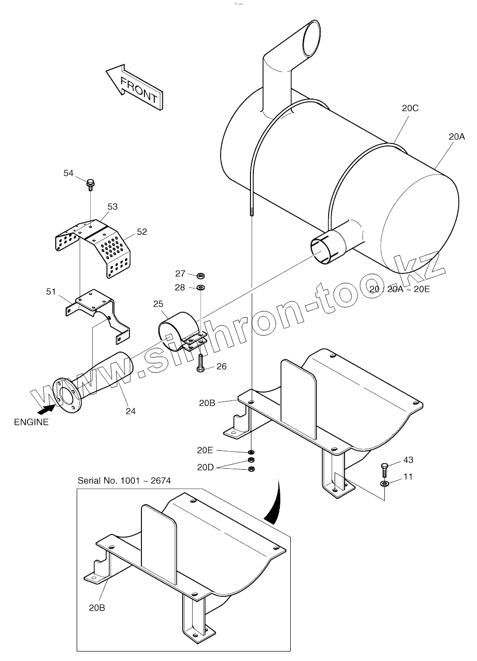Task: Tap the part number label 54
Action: pos(68,173)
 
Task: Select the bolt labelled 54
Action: pos(91,184)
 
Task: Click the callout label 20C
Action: pos(410,108)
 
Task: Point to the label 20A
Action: pos(456,136)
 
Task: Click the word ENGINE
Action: pos(31,422)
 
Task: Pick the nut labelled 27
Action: pos(201,275)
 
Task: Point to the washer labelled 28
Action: pos(201,287)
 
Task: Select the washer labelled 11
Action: pos(385,484)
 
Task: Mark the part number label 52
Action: pos(142,232)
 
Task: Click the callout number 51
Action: pos(51,291)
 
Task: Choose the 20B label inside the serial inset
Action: pos(97,607)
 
